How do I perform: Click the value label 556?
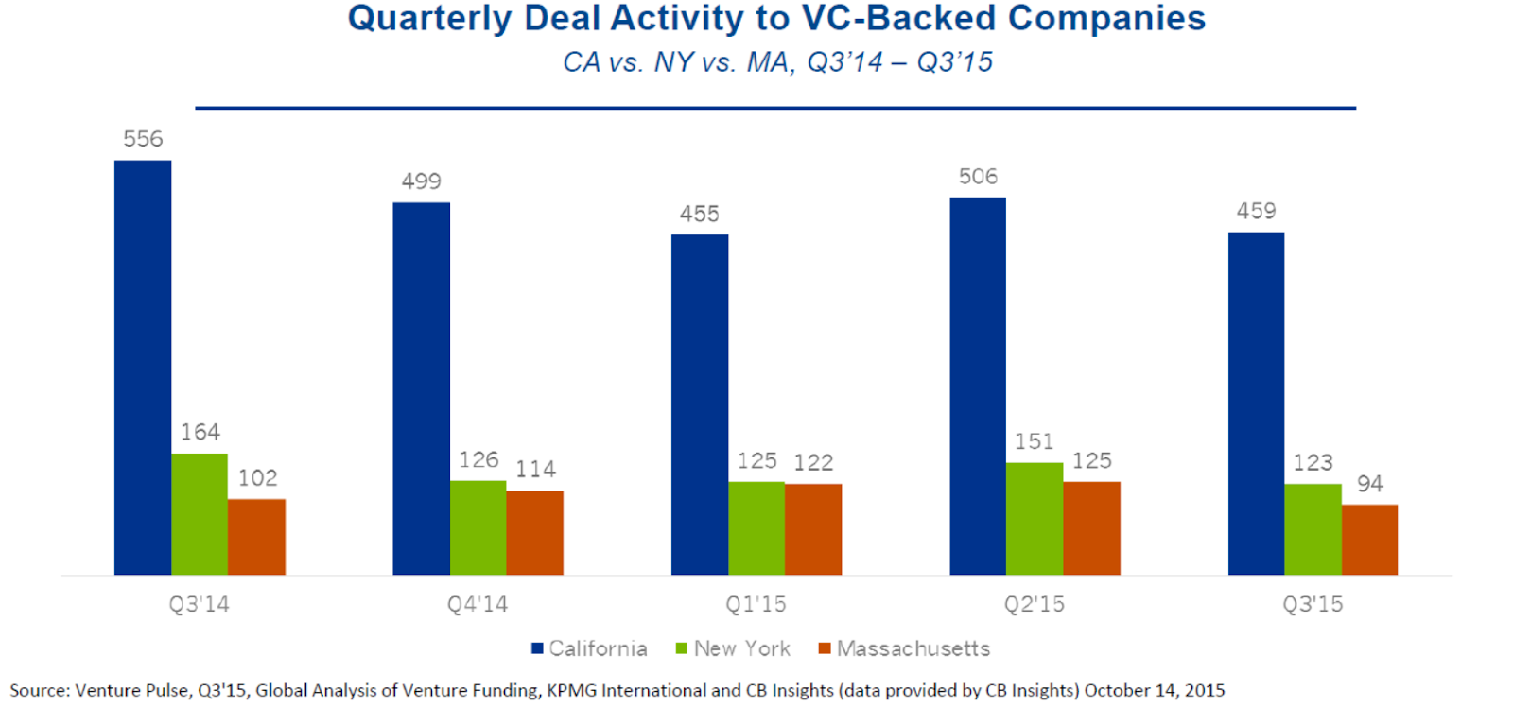pos(143,139)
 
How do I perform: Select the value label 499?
pos(421,181)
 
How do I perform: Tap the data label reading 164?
pos(200,432)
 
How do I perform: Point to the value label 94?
pos(1369,484)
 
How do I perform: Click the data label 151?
pos(1035,441)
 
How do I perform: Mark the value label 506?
pos(978,176)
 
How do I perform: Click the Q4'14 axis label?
pos(478,604)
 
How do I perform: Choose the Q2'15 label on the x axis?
pos(1035,604)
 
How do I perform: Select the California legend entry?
pos(589,648)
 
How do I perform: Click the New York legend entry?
pos(733,648)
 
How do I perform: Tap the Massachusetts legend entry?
pos(904,648)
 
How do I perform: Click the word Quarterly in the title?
pos(429,19)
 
